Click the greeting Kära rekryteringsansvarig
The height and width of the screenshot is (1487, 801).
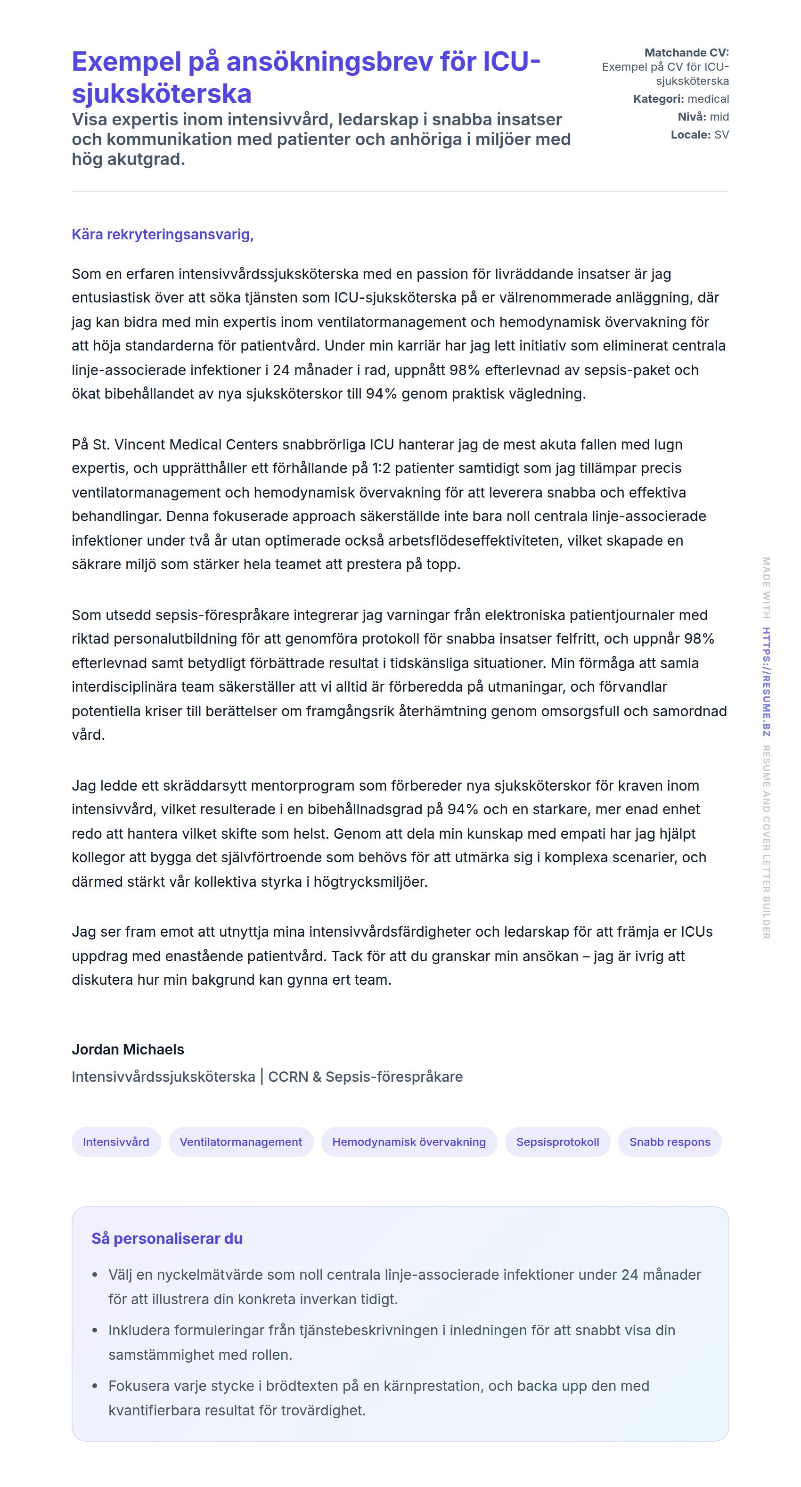click(x=162, y=234)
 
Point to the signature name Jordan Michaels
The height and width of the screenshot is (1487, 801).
click(x=128, y=1049)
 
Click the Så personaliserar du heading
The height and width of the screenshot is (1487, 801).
click(x=167, y=1239)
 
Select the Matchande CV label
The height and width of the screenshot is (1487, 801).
click(x=686, y=52)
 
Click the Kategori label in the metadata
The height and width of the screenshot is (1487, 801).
click(x=658, y=99)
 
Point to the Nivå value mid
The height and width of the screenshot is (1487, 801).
click(x=719, y=116)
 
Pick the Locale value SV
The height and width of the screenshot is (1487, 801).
click(x=721, y=134)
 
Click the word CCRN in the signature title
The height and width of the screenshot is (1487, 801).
click(x=287, y=1077)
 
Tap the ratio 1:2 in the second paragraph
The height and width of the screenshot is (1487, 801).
click(x=382, y=468)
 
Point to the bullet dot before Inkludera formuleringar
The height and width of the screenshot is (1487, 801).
click(x=95, y=1330)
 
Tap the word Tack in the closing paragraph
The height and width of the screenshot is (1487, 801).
click(x=346, y=956)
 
